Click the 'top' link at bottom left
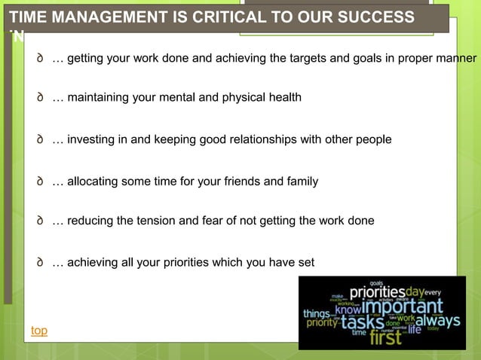(x=39, y=331)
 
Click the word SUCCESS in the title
(x=372, y=17)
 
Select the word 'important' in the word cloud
(x=402, y=307)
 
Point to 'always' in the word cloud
(x=438, y=322)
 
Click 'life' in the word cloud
(x=415, y=328)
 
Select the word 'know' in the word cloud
(x=348, y=310)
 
